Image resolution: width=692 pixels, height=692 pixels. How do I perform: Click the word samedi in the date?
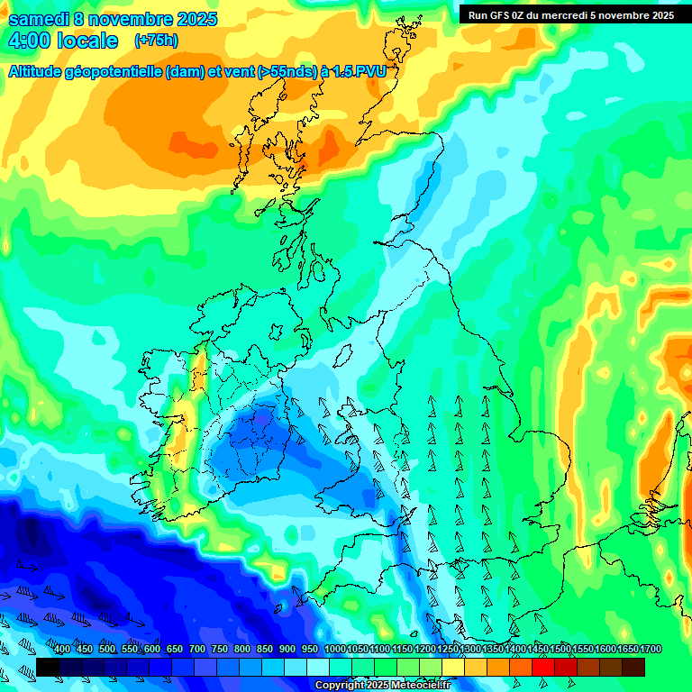(40, 19)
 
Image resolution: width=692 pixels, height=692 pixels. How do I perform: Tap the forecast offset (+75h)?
(155, 41)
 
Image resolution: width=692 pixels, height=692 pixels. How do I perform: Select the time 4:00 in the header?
(29, 41)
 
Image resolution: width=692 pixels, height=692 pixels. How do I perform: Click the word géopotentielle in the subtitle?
(113, 73)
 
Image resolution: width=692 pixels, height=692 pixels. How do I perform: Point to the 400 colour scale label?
(62, 650)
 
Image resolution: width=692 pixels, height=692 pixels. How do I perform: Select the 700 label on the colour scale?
(197, 650)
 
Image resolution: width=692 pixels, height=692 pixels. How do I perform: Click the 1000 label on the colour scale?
(334, 650)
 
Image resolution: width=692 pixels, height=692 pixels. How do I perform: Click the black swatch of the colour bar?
(48, 667)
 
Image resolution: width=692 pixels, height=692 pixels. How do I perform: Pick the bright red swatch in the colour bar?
(543, 667)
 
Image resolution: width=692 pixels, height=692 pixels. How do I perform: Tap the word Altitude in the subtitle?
(35, 73)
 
